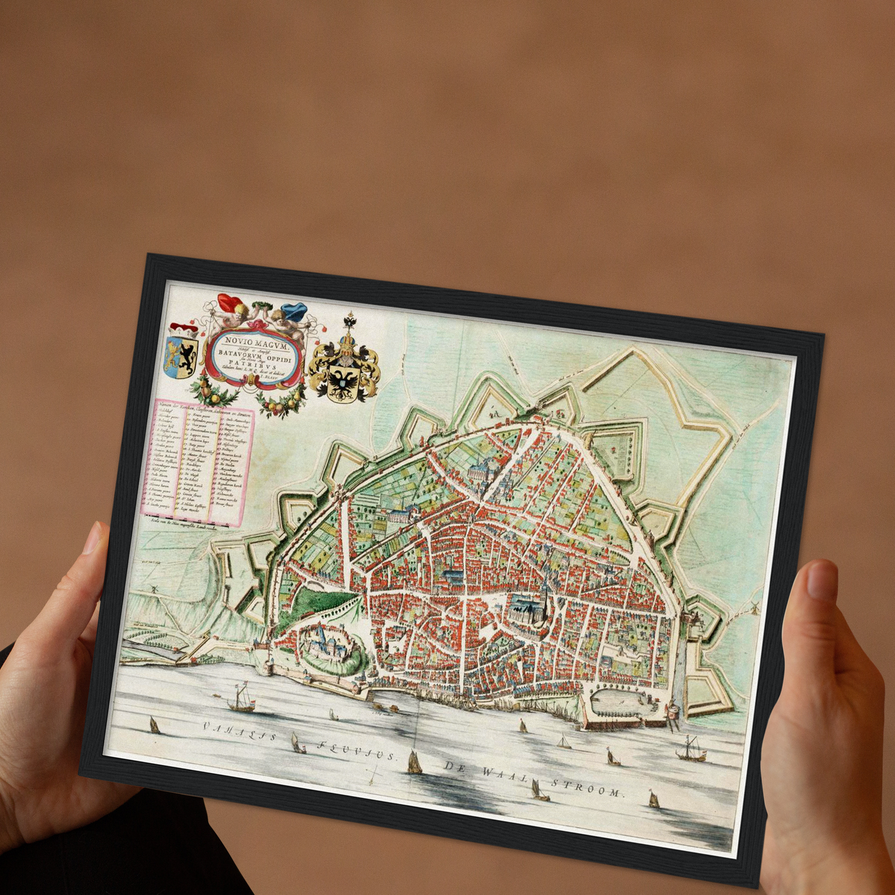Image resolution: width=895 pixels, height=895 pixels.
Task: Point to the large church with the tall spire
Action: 531,610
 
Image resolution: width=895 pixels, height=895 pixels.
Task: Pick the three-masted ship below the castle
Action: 242,700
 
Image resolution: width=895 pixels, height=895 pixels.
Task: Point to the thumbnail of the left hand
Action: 94,539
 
